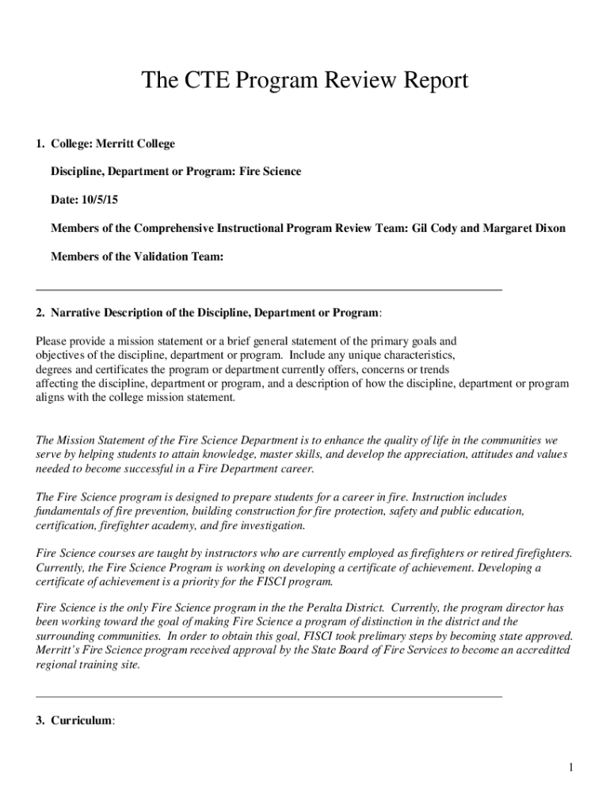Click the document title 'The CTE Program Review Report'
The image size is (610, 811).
(305, 81)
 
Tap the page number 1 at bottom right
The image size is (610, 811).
(570, 767)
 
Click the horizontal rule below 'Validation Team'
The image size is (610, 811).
(269, 291)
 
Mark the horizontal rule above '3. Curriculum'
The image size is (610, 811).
(269, 697)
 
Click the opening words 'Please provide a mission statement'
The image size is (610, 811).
(117, 341)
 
